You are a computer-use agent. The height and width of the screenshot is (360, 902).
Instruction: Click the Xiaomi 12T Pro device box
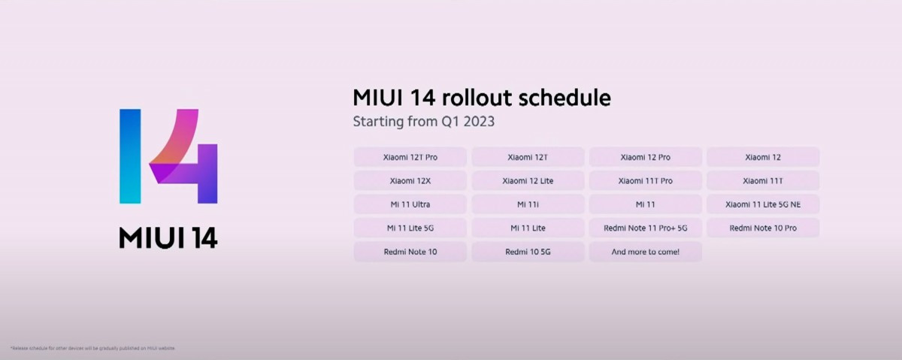[x=410, y=157]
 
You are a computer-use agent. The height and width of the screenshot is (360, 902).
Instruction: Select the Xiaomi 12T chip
[x=528, y=157]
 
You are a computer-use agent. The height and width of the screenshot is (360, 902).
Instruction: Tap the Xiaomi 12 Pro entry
[x=645, y=157]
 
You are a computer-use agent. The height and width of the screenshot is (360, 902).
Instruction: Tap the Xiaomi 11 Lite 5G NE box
[x=762, y=204]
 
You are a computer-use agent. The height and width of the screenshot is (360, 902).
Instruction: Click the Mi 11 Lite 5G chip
[x=410, y=228]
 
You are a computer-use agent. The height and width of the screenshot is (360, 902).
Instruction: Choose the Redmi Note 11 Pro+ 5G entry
[x=645, y=228]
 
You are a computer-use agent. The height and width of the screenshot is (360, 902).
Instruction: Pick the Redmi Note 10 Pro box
[x=762, y=228]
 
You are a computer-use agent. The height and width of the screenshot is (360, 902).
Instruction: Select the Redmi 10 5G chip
[x=528, y=252]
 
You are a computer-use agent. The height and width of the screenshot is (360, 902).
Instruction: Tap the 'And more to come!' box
[x=645, y=252]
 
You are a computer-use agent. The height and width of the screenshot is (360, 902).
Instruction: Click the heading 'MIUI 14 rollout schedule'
[x=481, y=98]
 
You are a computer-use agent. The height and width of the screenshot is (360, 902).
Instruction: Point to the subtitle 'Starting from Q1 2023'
[x=424, y=121]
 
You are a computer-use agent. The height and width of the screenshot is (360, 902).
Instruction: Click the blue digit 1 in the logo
[x=130, y=156]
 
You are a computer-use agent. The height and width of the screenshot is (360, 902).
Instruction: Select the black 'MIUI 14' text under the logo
[x=168, y=237]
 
